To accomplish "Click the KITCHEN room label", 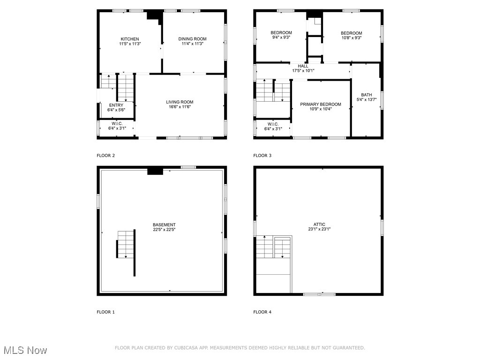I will click(x=130, y=39).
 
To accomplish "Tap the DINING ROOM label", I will click(x=192, y=39).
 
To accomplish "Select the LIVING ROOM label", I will click(x=180, y=102).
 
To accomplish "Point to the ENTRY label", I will click(x=116, y=105).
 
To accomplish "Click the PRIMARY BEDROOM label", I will click(x=321, y=104).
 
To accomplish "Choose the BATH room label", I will click(x=367, y=95).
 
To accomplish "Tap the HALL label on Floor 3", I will click(x=303, y=66).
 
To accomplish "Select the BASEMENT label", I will click(x=164, y=225).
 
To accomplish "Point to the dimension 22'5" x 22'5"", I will click(x=164, y=230).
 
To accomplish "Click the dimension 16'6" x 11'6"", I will click(x=180, y=107).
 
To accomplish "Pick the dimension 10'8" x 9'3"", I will click(x=351, y=38).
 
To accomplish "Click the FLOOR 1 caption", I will click(x=105, y=312).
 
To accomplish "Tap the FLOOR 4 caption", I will click(x=262, y=312).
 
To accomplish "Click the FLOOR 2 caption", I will click(x=105, y=155).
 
